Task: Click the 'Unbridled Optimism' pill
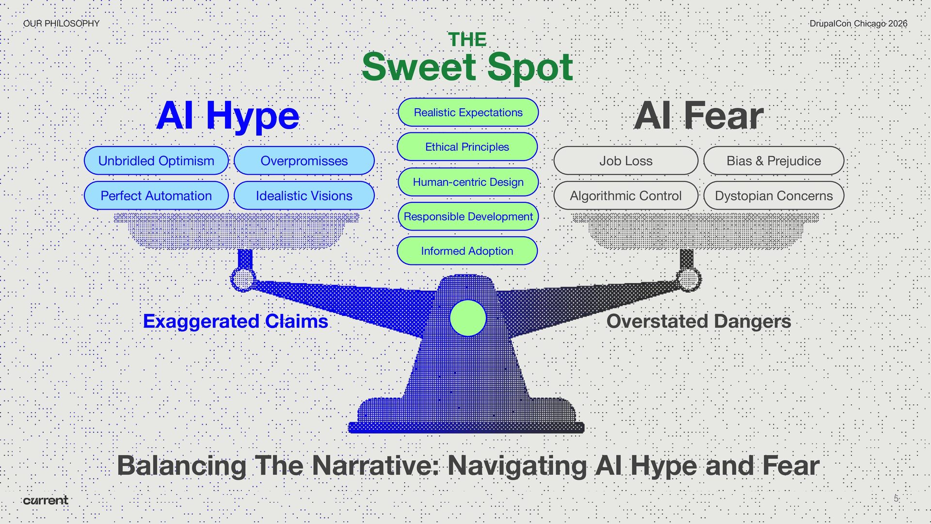[x=156, y=161]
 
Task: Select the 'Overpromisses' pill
[x=304, y=161]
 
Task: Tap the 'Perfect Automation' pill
[x=156, y=196]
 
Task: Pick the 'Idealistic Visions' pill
[x=304, y=196]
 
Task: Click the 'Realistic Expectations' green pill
[x=468, y=112]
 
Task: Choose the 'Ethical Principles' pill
[x=467, y=147]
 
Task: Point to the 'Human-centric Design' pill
[x=468, y=182]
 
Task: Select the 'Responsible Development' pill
[x=468, y=216]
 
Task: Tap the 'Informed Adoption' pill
[x=467, y=251]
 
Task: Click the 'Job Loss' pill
[x=626, y=161]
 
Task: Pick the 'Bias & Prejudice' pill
[x=773, y=161]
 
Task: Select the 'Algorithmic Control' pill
[x=626, y=196]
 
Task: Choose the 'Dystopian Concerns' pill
[x=773, y=196]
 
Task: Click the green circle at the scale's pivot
[x=468, y=318]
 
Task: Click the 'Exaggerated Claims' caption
[x=236, y=321]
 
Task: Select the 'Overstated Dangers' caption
[x=699, y=321]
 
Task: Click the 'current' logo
[x=46, y=500]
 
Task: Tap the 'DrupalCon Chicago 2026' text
[x=858, y=23]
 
